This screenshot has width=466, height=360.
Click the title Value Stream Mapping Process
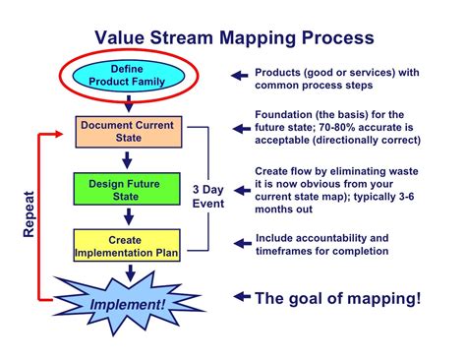tap(233, 38)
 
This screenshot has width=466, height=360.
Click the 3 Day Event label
tap(207, 197)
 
